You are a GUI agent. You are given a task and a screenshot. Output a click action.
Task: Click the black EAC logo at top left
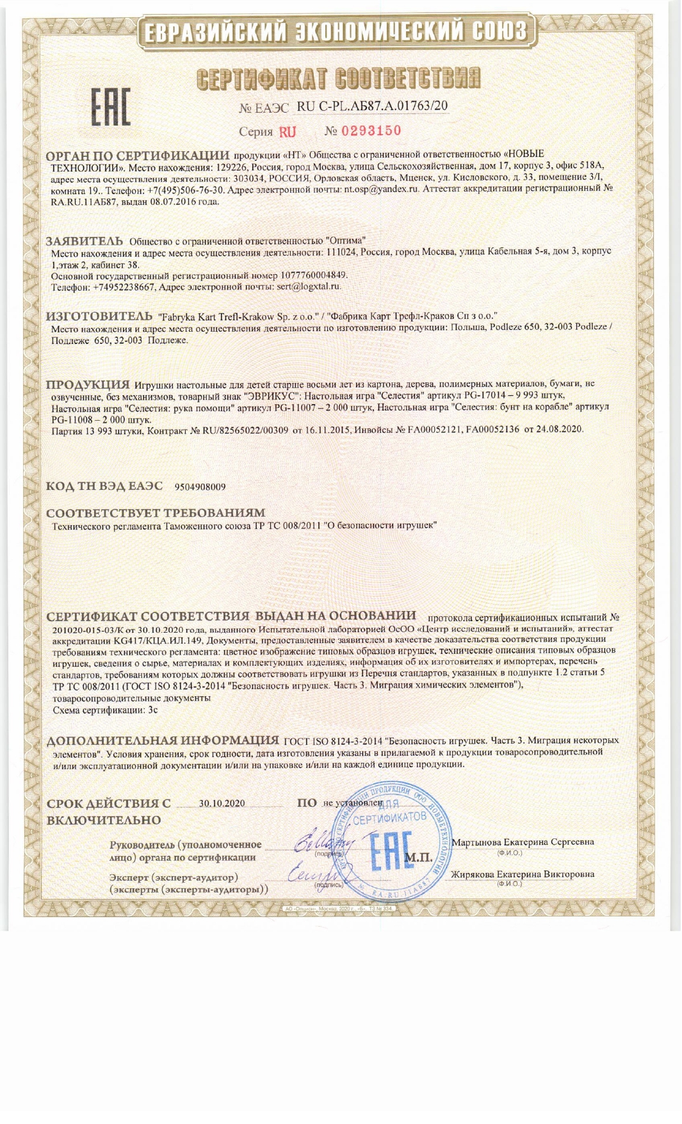pyautogui.click(x=110, y=106)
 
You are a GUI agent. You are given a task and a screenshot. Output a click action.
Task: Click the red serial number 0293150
pyautogui.click(x=371, y=131)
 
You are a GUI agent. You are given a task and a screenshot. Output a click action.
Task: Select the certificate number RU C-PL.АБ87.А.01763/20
pyautogui.click(x=372, y=106)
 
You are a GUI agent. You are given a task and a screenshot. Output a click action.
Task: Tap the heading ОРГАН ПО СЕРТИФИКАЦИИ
pyautogui.click(x=138, y=156)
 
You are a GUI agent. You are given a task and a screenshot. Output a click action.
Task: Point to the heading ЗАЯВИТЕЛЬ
pyautogui.click(x=85, y=241)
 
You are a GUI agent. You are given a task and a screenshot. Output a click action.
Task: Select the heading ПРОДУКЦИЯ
pyautogui.click(x=88, y=385)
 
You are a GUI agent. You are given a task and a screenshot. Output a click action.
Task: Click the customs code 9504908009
pyautogui.click(x=200, y=487)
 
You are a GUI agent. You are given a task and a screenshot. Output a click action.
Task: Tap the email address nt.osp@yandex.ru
pyautogui.click(x=381, y=189)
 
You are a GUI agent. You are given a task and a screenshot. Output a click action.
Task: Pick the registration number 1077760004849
pyautogui.click(x=314, y=275)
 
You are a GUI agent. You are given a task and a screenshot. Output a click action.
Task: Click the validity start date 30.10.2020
pyautogui.click(x=222, y=803)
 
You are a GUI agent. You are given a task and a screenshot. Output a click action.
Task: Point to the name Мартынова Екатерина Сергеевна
pyautogui.click(x=523, y=842)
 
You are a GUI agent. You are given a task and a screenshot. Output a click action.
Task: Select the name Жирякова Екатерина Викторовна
pyautogui.click(x=523, y=874)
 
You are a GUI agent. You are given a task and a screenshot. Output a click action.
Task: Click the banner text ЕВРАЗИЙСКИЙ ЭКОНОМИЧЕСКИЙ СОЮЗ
pyautogui.click(x=335, y=31)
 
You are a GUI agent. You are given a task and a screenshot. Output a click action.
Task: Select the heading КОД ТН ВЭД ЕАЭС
pyautogui.click(x=104, y=486)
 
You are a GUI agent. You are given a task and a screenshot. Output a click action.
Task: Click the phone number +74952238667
pyautogui.click(x=124, y=287)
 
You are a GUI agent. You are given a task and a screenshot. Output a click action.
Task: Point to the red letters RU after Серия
pyautogui.click(x=288, y=132)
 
